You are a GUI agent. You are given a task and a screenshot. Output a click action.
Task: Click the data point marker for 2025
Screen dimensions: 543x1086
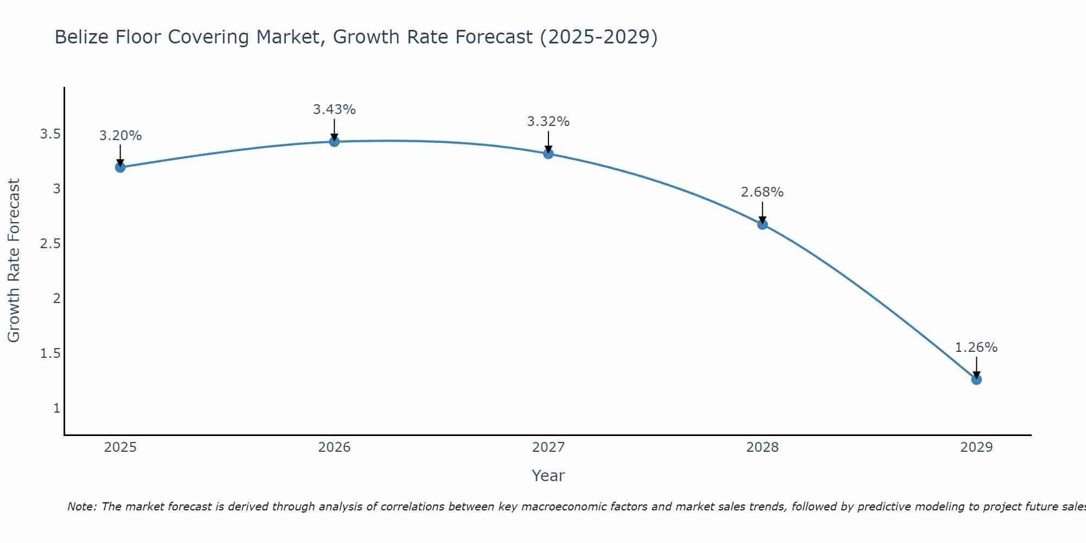pos(120,167)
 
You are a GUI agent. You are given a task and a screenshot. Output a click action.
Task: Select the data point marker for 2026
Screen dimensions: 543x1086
pos(334,142)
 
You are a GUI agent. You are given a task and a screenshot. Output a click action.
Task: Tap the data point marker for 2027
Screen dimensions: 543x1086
pos(548,154)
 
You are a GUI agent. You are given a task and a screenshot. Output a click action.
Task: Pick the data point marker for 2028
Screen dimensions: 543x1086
pos(762,224)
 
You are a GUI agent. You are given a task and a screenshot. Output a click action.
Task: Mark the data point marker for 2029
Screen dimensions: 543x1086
pos(976,380)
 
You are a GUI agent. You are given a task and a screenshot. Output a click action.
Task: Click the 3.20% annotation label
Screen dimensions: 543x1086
pos(120,136)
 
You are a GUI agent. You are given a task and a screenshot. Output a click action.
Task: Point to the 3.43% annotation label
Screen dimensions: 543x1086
pos(334,110)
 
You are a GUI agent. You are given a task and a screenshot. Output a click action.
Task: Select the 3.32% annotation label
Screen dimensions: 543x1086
pos(548,122)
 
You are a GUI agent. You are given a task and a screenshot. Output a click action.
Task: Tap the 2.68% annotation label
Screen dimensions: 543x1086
pos(762,192)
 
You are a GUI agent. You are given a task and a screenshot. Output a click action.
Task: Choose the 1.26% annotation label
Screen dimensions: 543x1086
pos(976,348)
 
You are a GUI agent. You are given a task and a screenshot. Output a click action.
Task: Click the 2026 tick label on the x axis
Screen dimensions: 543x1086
pos(334,447)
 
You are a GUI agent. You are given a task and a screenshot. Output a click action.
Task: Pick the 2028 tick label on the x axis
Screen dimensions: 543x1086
pos(762,447)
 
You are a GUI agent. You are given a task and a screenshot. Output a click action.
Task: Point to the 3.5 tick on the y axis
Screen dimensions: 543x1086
pos(50,134)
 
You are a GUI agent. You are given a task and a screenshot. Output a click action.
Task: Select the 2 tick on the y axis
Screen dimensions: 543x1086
pos(56,298)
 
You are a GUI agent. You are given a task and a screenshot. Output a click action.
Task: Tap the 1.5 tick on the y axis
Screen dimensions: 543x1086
pos(50,353)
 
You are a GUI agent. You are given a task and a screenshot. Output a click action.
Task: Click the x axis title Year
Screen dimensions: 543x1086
pos(548,476)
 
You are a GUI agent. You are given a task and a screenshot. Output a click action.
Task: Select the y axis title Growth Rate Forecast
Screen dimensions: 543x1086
pos(14,261)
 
